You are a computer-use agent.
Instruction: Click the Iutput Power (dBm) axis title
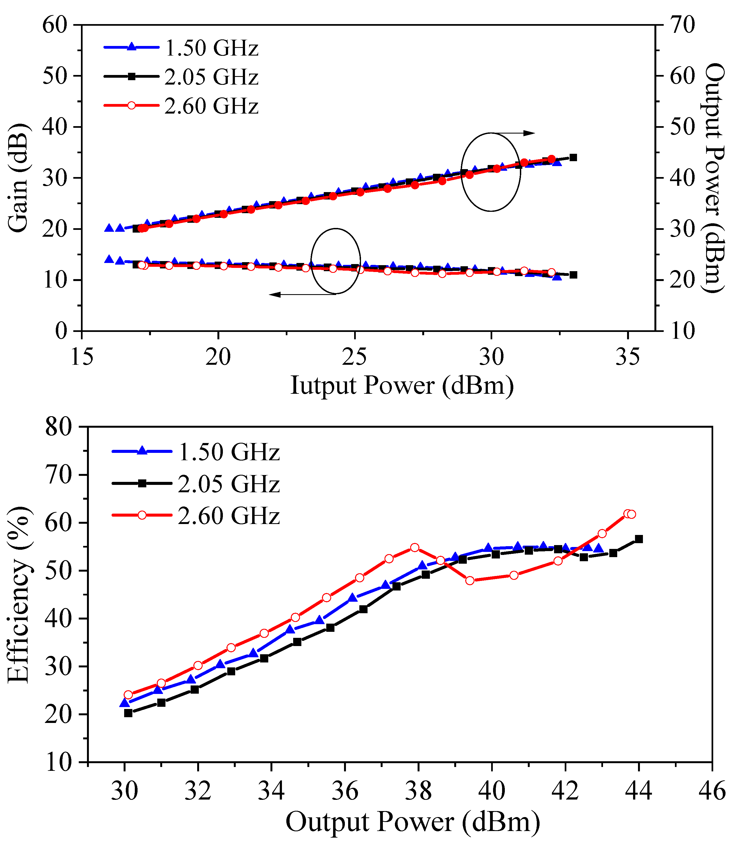point(402,386)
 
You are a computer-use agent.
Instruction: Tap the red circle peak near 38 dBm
point(415,548)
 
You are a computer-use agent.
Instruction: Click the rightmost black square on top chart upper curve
point(573,158)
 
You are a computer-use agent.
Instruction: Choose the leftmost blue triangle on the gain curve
point(109,259)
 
